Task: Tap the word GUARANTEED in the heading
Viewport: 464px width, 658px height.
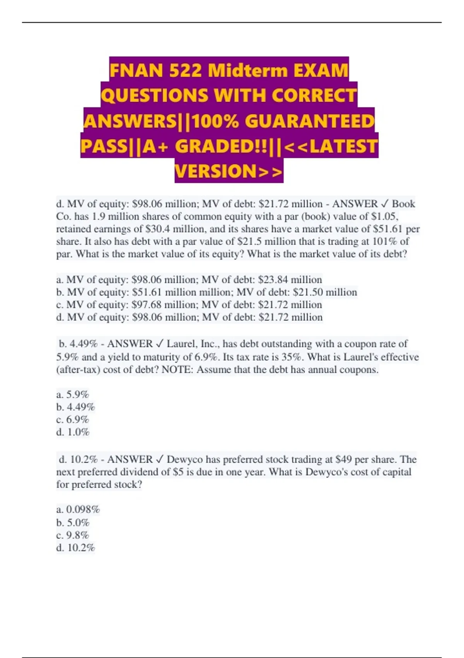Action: pyautogui.click(x=309, y=121)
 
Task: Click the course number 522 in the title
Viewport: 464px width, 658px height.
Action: pyautogui.click(x=185, y=70)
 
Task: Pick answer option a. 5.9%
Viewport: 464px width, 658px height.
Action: pyautogui.click(x=73, y=394)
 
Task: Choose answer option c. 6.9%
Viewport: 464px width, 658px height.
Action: pyautogui.click(x=73, y=420)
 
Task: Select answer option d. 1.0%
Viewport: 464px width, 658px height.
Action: pyautogui.click(x=73, y=432)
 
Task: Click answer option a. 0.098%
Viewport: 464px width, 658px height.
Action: pyautogui.click(x=78, y=509)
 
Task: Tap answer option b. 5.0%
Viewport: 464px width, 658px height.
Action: pyautogui.click(x=73, y=523)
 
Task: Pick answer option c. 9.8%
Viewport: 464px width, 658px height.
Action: pyautogui.click(x=73, y=535)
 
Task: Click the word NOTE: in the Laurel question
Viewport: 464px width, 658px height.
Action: pyautogui.click(x=177, y=370)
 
